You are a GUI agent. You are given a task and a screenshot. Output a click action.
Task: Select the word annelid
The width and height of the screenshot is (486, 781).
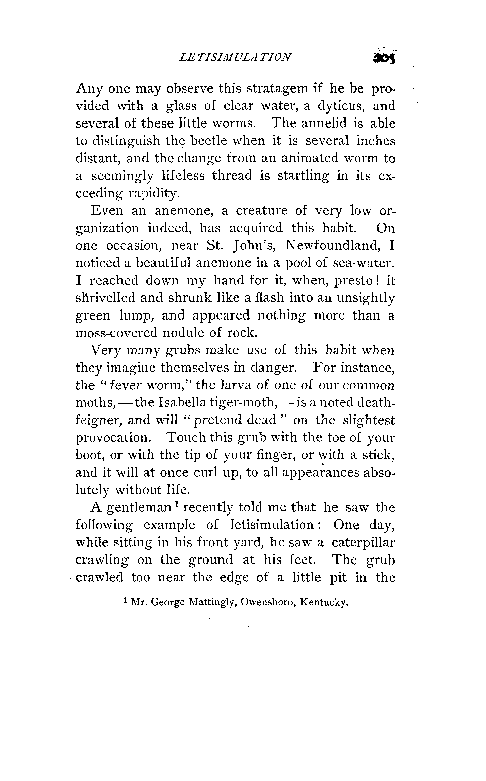pyautogui.click(x=324, y=124)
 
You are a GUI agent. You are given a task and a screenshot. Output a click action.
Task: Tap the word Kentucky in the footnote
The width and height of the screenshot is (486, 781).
pyautogui.click(x=323, y=603)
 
